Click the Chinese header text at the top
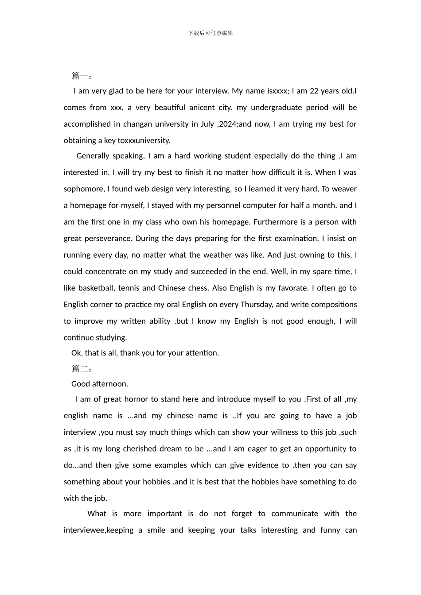click(x=210, y=33)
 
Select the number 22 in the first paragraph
click(x=314, y=91)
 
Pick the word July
click(x=207, y=124)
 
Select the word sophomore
click(x=84, y=189)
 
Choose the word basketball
click(x=96, y=288)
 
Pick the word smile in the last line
click(x=156, y=530)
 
